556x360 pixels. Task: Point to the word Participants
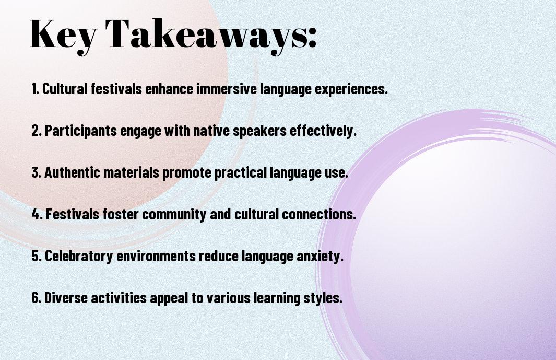click(80, 131)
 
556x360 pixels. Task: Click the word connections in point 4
click(318, 214)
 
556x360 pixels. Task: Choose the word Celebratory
click(79, 257)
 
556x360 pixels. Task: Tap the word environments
click(156, 257)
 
